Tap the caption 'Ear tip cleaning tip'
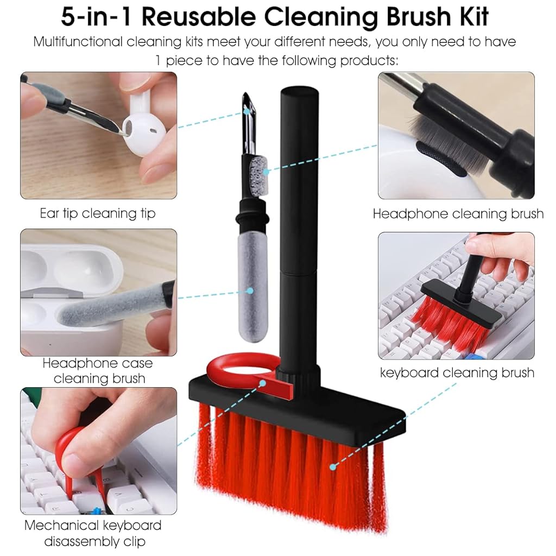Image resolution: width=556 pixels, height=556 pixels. [98, 213]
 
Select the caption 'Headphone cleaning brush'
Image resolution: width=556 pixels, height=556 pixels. [458, 214]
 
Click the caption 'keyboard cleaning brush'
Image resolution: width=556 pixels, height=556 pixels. [457, 372]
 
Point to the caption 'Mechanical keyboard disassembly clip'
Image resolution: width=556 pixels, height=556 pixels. [93, 533]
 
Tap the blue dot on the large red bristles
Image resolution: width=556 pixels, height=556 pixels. [332, 465]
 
